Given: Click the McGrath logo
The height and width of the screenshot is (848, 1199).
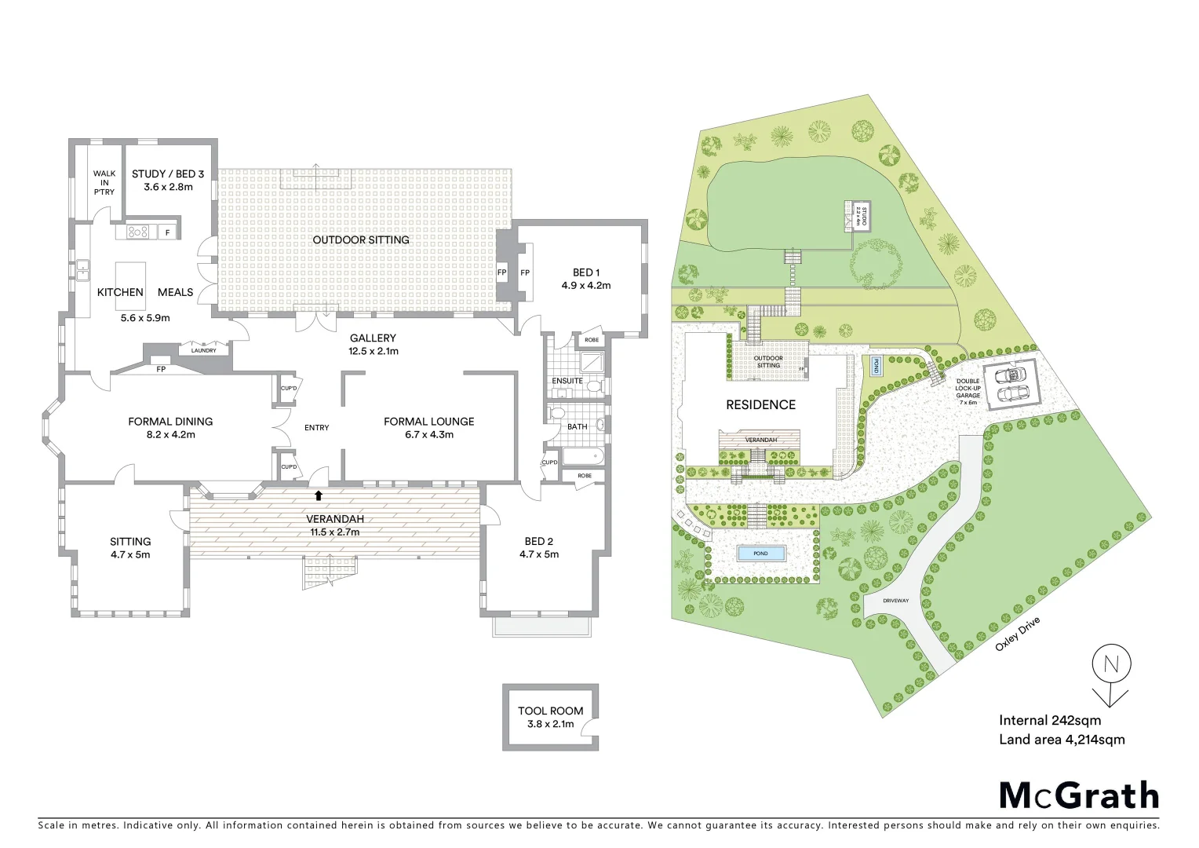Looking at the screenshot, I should (x=1078, y=795).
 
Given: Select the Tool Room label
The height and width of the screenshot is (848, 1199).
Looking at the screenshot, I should (x=550, y=718).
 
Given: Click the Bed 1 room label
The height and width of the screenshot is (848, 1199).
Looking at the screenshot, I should (x=585, y=279).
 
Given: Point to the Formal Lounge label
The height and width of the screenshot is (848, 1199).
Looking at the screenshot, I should (x=428, y=427).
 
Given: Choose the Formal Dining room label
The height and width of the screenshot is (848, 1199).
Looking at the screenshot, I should (x=170, y=427).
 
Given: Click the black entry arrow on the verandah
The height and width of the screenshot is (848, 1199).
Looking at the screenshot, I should (x=318, y=495).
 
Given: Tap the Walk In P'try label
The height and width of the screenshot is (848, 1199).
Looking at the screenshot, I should (x=104, y=183).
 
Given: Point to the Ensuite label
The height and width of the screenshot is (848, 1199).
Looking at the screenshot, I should (x=567, y=381).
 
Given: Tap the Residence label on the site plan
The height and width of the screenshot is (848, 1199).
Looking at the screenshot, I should (x=760, y=404).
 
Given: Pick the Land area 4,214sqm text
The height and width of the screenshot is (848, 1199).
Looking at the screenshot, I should (x=1062, y=739).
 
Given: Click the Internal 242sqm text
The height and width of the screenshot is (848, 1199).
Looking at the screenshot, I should (x=1049, y=720).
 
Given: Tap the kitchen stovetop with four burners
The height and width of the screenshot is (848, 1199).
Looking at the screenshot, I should (x=138, y=232).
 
